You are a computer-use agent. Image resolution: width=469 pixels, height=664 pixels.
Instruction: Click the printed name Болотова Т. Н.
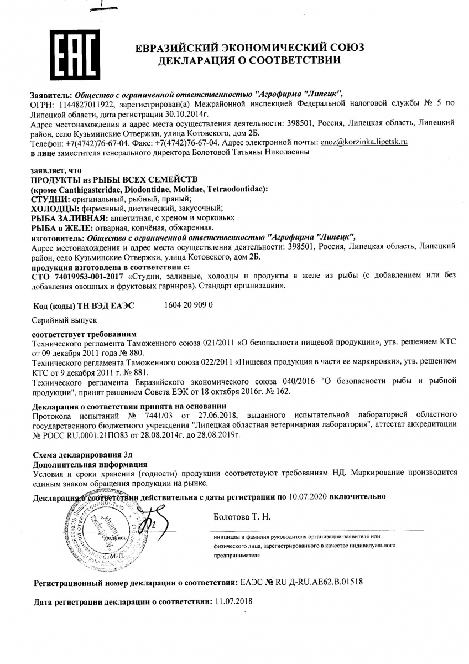coord(242,517)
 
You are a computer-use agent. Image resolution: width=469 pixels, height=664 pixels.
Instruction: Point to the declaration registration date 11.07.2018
coord(232,601)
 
